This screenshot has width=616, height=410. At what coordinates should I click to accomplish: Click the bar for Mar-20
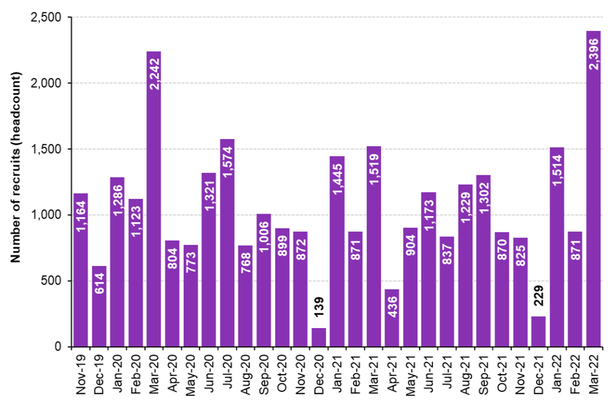pyautogui.click(x=154, y=199)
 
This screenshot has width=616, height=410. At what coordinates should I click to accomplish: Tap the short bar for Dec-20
pyautogui.click(x=318, y=338)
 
